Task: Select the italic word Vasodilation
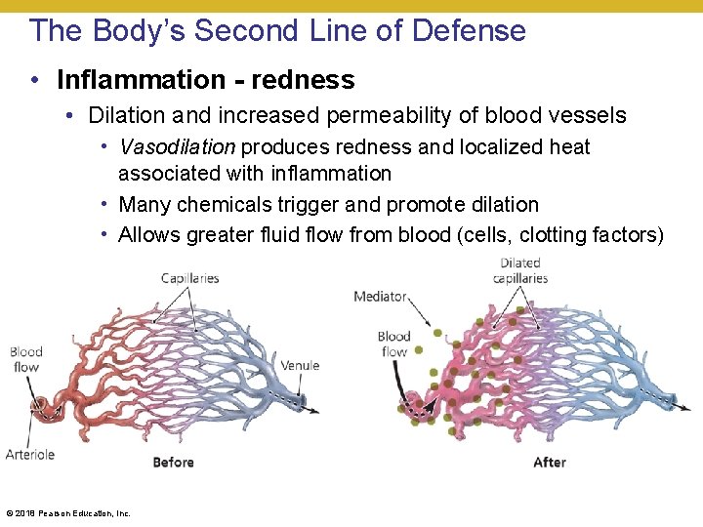(177, 147)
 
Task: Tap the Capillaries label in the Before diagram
(190, 278)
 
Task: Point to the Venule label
(300, 366)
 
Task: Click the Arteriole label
(30, 454)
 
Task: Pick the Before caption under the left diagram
(173, 462)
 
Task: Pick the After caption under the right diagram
(550, 462)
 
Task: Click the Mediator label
(380, 297)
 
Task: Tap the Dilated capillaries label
(520, 270)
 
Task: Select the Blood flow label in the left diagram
(26, 359)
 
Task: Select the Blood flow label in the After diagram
(393, 344)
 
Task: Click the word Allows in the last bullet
(145, 235)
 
